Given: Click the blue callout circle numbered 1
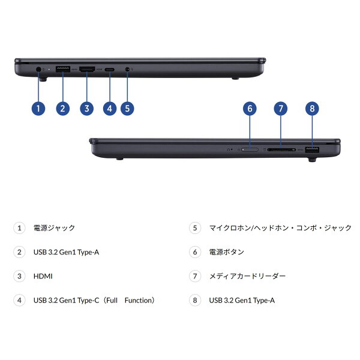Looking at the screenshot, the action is click(x=38, y=109).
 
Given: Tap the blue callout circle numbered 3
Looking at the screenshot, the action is click(x=86, y=109).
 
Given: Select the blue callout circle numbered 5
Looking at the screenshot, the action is click(x=127, y=109).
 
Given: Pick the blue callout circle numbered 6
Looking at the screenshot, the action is click(x=250, y=109).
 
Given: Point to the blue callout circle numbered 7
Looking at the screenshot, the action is click(x=281, y=109).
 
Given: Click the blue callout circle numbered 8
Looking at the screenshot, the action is click(x=312, y=109).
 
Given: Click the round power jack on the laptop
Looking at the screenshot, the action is click(x=38, y=69).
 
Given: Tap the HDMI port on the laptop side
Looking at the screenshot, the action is click(x=87, y=69).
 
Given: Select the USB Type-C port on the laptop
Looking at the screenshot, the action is click(x=110, y=69).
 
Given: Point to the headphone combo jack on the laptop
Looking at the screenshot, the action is click(x=127, y=69).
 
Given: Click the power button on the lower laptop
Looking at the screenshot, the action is click(x=250, y=149).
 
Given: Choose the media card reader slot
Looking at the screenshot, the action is click(x=281, y=149).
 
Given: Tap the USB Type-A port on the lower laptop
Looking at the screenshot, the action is click(x=312, y=149).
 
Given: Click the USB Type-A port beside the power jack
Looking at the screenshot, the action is click(x=63, y=69).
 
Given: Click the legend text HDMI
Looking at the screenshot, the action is click(x=43, y=276).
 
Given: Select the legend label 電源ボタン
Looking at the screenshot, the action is click(x=226, y=252).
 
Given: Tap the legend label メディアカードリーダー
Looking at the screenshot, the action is click(x=247, y=276).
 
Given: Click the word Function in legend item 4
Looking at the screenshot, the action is click(x=139, y=300).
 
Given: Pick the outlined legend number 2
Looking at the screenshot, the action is click(x=19, y=252).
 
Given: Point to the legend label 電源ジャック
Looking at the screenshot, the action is click(x=54, y=228).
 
